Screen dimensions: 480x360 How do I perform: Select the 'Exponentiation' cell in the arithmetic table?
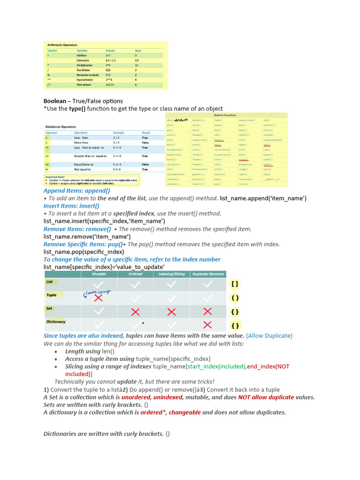pyautogui.click(x=86, y=80)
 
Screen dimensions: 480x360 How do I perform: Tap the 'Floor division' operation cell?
pyautogui.click(x=84, y=85)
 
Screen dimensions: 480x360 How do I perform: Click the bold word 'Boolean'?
pyautogui.click(x=55, y=101)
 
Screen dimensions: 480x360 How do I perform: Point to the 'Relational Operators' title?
pyautogui.click(x=60, y=127)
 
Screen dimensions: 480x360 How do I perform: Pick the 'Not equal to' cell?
pyautogui.click(x=83, y=169)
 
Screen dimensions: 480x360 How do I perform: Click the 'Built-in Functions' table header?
pyautogui.click(x=225, y=115)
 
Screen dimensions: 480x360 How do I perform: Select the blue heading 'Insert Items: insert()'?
pyautogui.click(x=71, y=206)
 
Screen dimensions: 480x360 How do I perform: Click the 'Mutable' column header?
pyautogui.click(x=99, y=274)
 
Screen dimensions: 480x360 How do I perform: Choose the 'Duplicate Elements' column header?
pyautogui.click(x=208, y=274)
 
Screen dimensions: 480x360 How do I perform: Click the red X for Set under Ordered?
pyautogui.click(x=135, y=312)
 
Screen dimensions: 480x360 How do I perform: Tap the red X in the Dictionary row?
pyautogui.click(x=208, y=324)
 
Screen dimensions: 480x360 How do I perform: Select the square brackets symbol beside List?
pyautogui.click(x=235, y=284)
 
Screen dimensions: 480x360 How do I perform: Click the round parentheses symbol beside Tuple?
pyautogui.click(x=235, y=298)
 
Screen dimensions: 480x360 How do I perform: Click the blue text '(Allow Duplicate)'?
pyautogui.click(x=269, y=336)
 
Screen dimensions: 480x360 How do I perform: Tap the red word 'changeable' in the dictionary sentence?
pyautogui.click(x=185, y=412)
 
